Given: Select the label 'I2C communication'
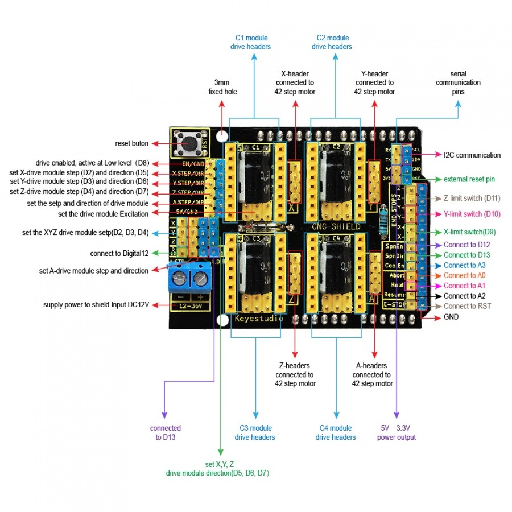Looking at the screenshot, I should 472,155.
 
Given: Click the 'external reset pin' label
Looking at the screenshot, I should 469,179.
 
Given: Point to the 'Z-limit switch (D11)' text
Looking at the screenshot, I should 472,198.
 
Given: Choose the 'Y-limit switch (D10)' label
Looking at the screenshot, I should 472,214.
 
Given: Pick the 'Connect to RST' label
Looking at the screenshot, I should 468,306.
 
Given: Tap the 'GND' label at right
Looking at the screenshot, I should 451,317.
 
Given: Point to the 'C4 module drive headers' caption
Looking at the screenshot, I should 336,432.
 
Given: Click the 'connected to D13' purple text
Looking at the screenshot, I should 166,432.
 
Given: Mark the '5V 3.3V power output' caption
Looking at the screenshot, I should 397,432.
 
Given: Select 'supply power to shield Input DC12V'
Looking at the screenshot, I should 96,305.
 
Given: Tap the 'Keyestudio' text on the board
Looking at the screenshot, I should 259,319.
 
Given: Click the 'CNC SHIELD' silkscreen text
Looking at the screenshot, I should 336,226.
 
